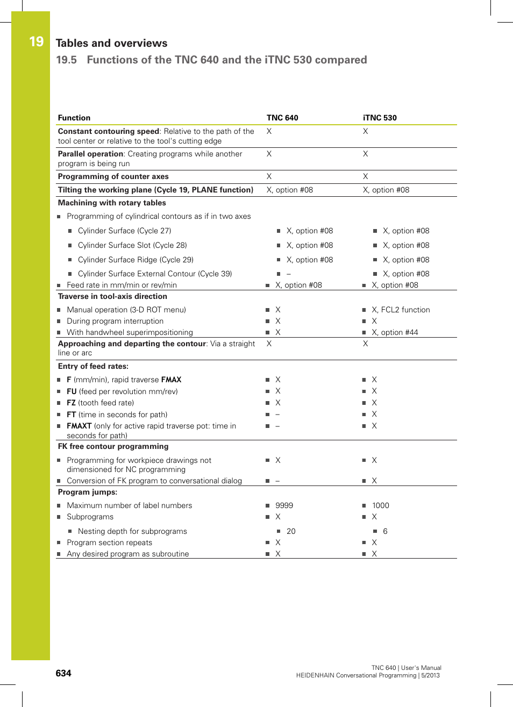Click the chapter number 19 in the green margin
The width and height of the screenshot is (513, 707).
(36, 41)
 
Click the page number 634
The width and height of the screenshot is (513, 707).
(63, 673)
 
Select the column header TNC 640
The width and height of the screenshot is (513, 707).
(282, 118)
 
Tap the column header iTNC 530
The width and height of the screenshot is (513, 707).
(380, 118)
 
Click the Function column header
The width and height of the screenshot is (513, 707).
(74, 118)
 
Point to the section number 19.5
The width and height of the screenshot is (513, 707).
(66, 60)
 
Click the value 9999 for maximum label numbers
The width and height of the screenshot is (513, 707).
(284, 505)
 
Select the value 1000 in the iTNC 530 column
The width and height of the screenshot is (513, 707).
(380, 505)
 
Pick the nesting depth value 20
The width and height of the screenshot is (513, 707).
(291, 531)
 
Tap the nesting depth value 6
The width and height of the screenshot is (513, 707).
(385, 531)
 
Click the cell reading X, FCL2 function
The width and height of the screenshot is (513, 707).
(401, 310)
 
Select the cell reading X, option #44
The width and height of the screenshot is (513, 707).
(395, 332)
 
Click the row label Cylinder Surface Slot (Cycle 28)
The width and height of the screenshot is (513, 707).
(132, 245)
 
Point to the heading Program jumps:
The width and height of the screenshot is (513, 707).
(88, 492)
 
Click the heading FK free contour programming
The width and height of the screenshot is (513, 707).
(113, 446)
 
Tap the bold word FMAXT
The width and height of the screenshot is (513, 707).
(79, 426)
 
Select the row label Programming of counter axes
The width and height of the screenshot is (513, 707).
(113, 176)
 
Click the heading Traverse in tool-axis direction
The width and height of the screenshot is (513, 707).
(112, 296)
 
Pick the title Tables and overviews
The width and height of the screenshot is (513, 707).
(111, 43)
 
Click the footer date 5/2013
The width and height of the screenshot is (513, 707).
(430, 675)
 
